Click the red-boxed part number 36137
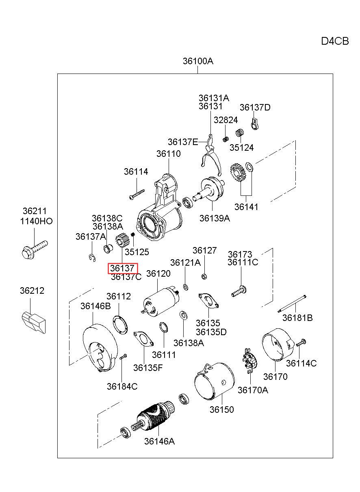tap(122, 268)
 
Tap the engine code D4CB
tap(335, 41)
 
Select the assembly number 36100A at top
tap(198, 61)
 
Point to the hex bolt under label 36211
tap(35, 250)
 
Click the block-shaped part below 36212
tap(34, 322)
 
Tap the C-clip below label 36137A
tap(93, 258)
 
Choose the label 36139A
tap(215, 218)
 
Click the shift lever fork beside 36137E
tap(211, 155)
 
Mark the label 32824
tap(226, 120)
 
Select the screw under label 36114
tap(137, 194)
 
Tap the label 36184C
tap(122, 386)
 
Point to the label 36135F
tap(148, 368)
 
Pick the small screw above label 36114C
tap(301, 343)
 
